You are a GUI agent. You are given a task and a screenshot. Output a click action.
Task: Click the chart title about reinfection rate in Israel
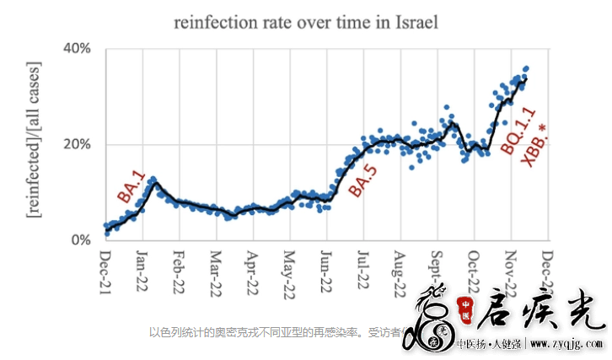tap(306, 22)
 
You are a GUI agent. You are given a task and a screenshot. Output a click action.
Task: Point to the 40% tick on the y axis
tap(78, 48)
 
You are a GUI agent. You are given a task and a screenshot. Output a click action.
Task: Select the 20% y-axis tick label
tap(78, 144)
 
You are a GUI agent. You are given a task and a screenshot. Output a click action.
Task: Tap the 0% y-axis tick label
tap(81, 239)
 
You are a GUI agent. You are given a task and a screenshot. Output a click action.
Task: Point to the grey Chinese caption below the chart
tap(278, 331)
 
